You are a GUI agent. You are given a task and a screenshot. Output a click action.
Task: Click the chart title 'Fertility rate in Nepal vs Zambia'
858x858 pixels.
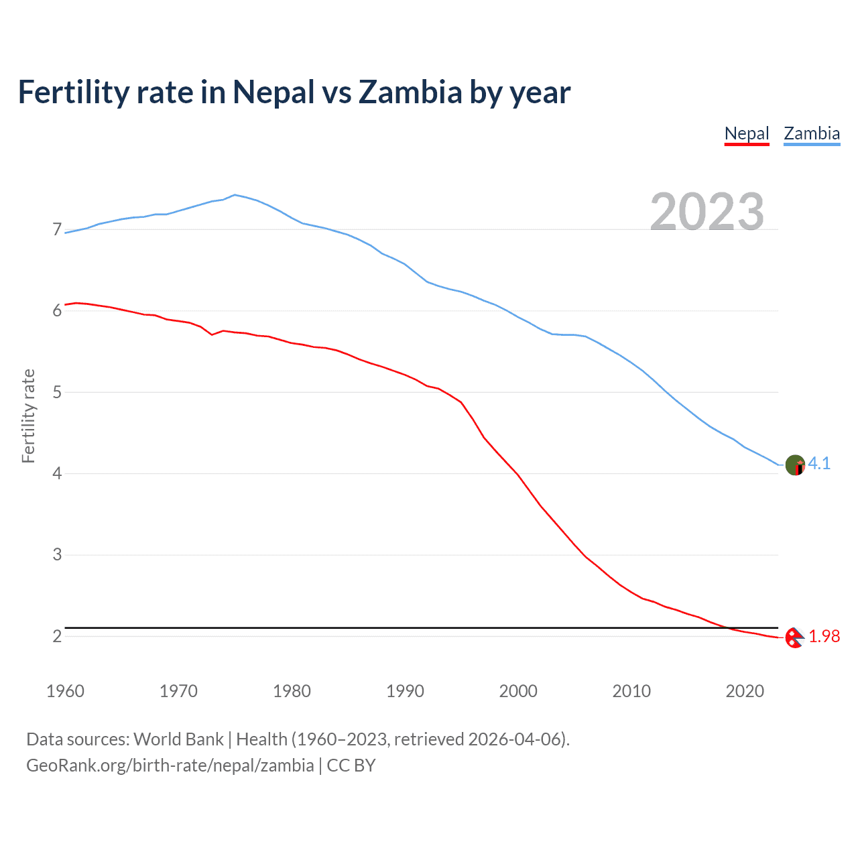click(x=294, y=93)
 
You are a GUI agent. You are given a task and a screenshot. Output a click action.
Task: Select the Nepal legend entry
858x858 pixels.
click(x=747, y=133)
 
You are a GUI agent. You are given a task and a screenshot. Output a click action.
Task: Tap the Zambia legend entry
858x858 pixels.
click(x=812, y=133)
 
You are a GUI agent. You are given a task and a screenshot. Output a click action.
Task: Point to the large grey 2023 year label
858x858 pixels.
click(x=707, y=212)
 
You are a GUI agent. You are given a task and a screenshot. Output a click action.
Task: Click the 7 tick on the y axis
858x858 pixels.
click(x=57, y=230)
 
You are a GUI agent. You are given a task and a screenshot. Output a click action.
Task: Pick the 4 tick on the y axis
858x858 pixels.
click(x=57, y=473)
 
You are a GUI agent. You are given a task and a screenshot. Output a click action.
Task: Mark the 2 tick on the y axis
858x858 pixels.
click(x=57, y=636)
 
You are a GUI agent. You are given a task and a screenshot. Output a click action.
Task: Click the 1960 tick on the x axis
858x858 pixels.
click(x=65, y=691)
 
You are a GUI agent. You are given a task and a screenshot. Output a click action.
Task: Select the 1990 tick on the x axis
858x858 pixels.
click(x=405, y=691)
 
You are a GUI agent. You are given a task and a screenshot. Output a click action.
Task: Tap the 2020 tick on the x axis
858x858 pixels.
click(x=745, y=691)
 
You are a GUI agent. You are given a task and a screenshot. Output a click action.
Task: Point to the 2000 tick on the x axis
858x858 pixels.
click(x=518, y=691)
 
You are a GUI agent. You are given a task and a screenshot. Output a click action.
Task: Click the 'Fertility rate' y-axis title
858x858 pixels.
click(x=28, y=416)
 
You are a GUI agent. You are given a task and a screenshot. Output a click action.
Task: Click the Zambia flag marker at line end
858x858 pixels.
click(x=795, y=465)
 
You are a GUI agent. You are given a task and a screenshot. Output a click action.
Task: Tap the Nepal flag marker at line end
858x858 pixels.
click(x=794, y=637)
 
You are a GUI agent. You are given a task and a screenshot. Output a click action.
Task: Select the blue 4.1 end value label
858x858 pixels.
click(x=819, y=463)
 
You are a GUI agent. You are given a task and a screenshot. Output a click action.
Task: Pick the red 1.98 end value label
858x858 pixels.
click(x=824, y=636)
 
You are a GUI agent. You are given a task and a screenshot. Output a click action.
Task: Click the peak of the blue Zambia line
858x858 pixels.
click(x=234, y=194)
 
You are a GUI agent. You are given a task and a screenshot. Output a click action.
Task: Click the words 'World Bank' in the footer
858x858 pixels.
click(x=178, y=739)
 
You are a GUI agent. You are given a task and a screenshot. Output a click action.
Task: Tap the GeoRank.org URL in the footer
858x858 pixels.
click(x=170, y=765)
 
